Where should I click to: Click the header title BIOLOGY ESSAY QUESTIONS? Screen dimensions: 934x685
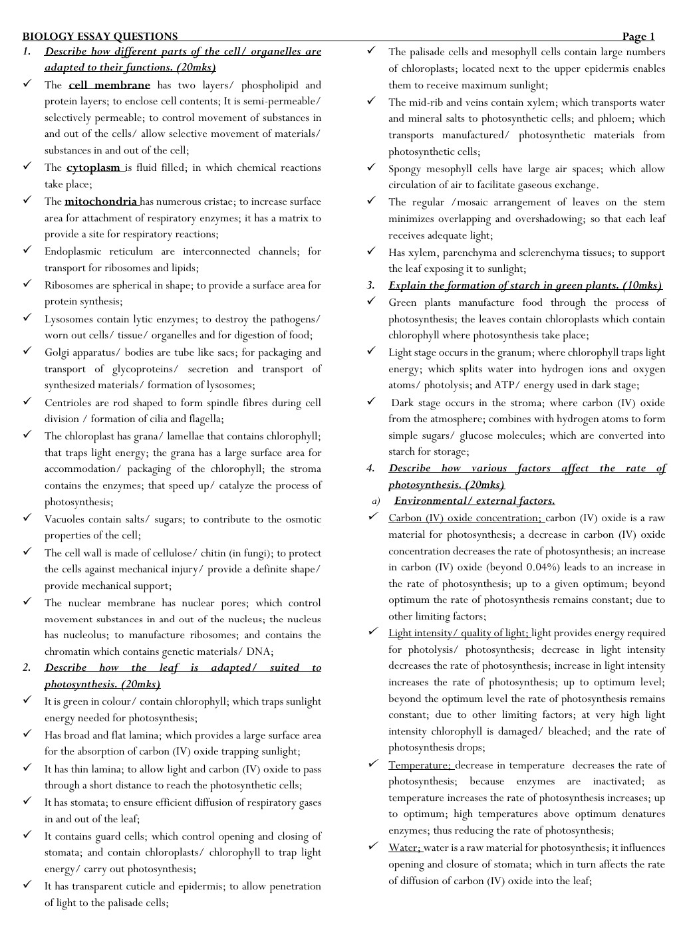click(100, 37)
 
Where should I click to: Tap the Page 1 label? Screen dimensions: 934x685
click(638, 37)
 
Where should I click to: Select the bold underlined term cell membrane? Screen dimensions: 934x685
click(109, 85)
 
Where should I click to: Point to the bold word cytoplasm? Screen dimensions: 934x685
click(94, 168)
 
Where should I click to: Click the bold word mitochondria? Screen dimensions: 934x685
click(100, 201)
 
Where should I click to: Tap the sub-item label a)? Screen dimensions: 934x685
click(376, 501)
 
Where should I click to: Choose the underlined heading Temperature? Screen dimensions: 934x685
click(420, 765)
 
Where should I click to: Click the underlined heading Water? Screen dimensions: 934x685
click(405, 848)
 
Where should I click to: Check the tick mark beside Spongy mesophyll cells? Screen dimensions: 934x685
click(371, 168)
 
